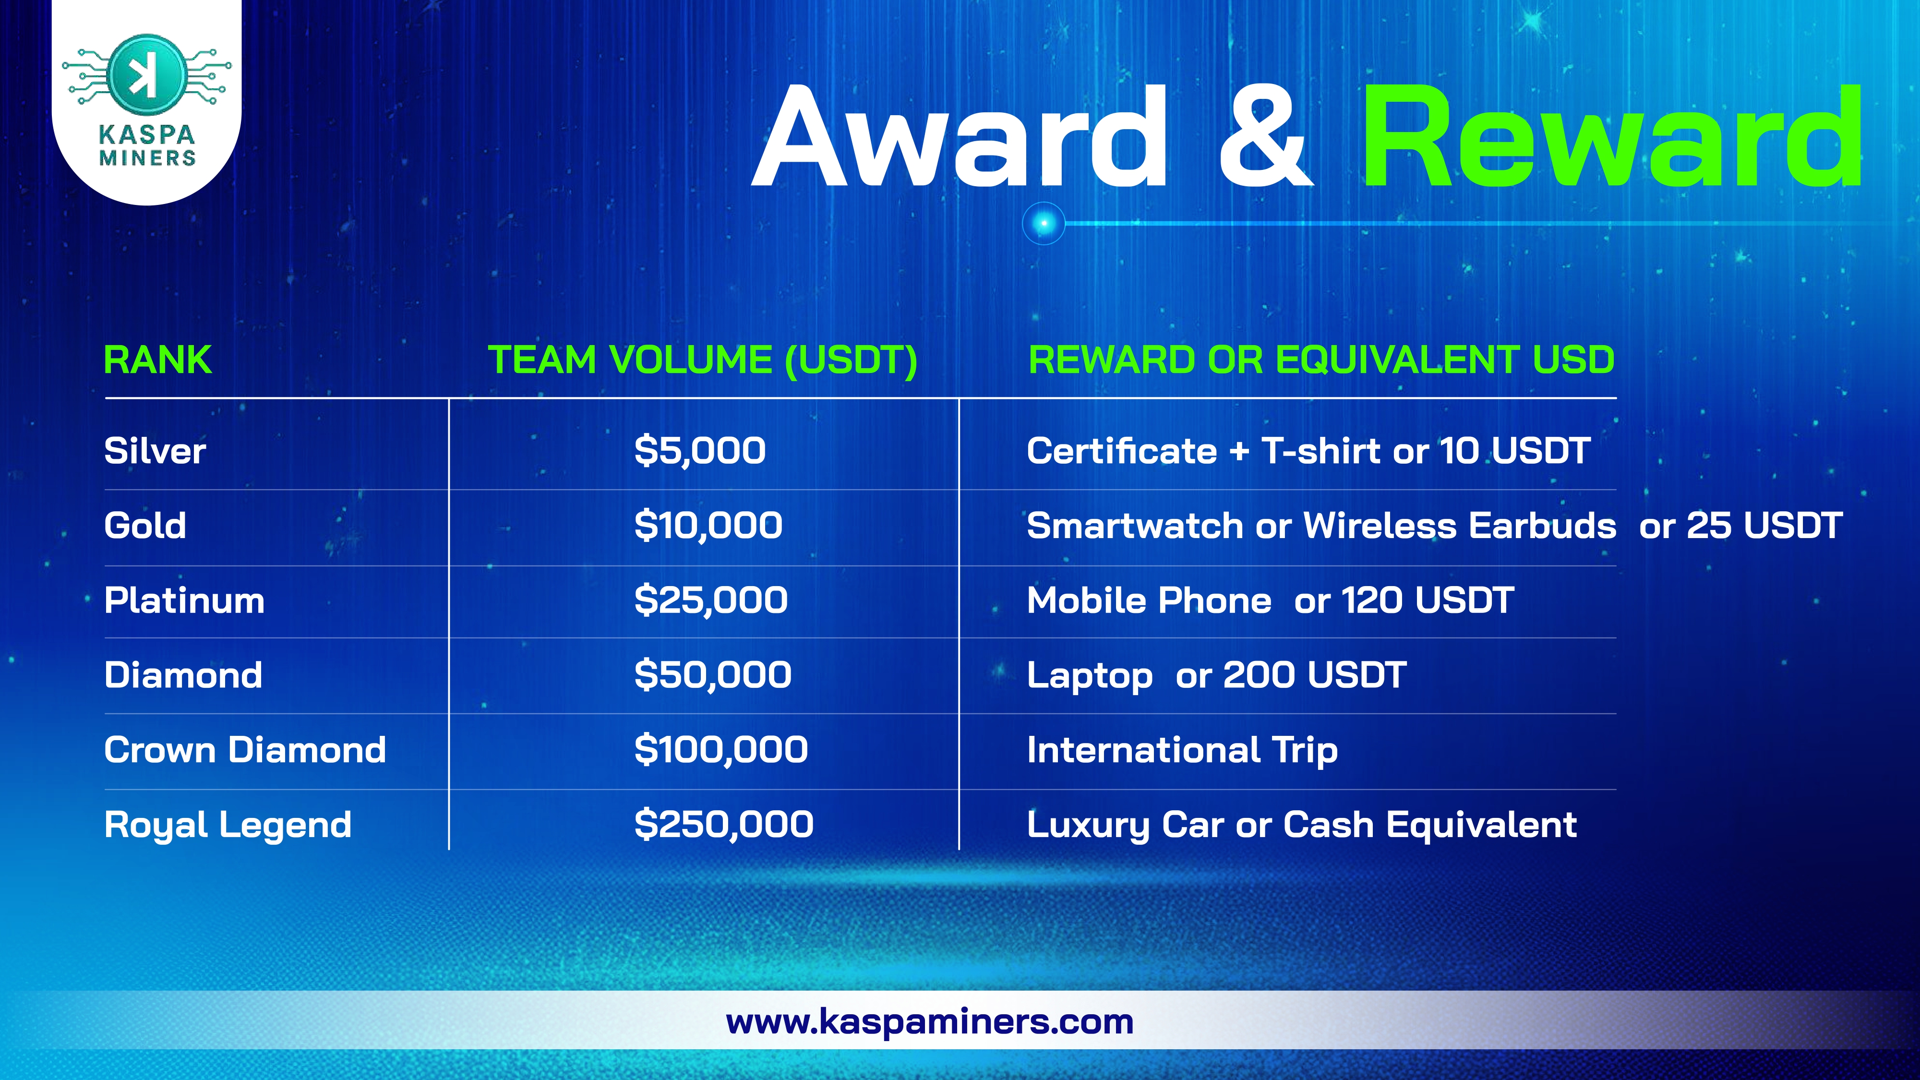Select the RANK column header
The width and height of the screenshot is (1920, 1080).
point(157,360)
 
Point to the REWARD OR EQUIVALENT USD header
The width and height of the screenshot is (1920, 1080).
point(1321,360)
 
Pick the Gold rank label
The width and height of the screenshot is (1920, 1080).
point(145,526)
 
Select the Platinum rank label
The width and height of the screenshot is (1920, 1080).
point(185,601)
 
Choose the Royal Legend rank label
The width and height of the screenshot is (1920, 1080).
point(228,825)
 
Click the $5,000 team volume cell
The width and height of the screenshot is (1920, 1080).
point(700,451)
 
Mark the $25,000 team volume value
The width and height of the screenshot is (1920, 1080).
point(711,601)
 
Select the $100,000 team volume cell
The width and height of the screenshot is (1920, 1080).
point(721,750)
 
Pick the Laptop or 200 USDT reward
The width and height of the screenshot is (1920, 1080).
point(1216,676)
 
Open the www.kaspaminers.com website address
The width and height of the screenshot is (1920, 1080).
point(929,1022)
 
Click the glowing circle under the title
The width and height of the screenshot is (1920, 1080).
point(1044,223)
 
